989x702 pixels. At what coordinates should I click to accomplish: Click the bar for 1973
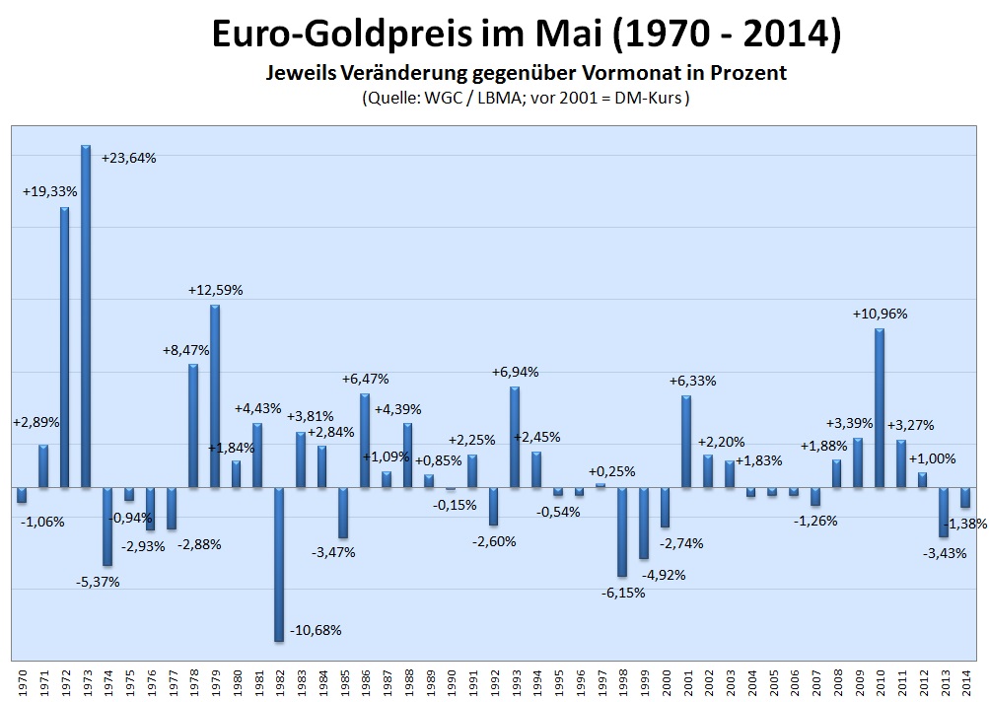coord(86,316)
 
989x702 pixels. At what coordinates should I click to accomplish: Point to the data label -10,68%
coord(316,630)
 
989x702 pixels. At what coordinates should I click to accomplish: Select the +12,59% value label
coord(215,290)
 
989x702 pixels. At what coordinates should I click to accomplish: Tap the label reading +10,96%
coord(880,314)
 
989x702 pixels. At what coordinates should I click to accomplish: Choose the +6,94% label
coord(515,372)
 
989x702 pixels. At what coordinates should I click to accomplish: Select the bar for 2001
coord(686,441)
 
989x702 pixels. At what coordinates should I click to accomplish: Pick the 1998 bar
coord(622,531)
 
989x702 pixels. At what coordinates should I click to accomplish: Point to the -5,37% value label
coord(98,582)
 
